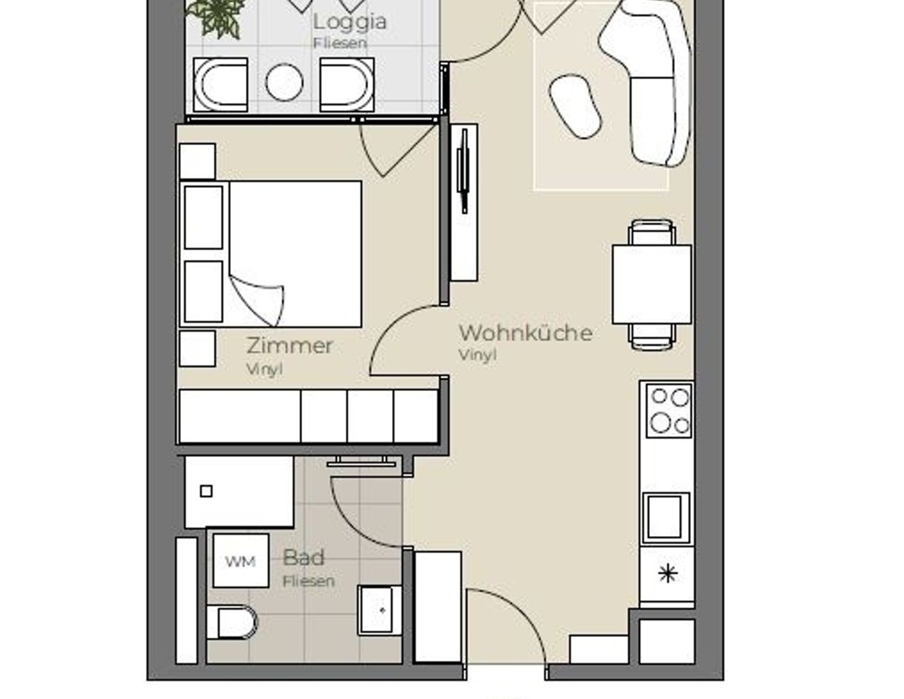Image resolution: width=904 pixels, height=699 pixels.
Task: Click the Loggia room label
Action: [x=350, y=22]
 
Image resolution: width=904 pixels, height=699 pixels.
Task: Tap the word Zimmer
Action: [x=290, y=346]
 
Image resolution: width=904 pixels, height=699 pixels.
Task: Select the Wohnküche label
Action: [x=525, y=332]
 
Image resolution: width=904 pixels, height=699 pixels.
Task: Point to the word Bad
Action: [x=304, y=557]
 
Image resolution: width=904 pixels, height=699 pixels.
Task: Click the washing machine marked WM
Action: [x=240, y=561]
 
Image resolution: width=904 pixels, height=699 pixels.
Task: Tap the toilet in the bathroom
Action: [x=232, y=623]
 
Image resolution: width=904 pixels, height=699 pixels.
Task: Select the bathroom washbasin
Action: [x=379, y=611]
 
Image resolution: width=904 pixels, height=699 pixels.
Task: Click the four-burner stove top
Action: [x=668, y=411]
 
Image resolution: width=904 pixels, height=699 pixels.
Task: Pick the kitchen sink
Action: [x=666, y=518]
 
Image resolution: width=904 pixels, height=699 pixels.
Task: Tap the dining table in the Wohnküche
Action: [x=652, y=285]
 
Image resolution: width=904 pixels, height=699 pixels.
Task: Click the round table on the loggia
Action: [x=284, y=82]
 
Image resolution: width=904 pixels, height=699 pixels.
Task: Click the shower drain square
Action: [x=207, y=491]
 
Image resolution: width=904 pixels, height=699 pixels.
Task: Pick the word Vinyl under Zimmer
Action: [x=265, y=369]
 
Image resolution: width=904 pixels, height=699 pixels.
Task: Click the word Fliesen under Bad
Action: [x=308, y=581]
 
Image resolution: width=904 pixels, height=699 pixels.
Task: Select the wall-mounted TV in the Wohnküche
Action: [x=463, y=171]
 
